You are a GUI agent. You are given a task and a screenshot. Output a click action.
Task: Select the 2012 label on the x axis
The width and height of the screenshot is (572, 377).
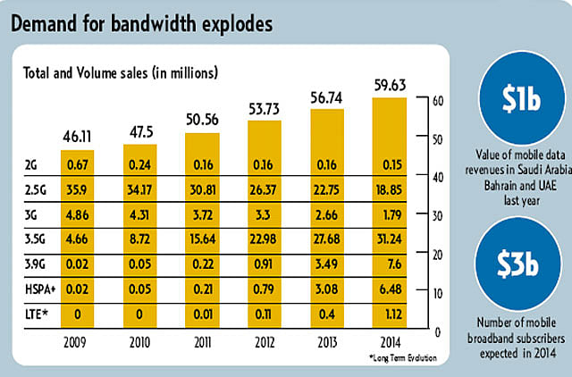click(265, 341)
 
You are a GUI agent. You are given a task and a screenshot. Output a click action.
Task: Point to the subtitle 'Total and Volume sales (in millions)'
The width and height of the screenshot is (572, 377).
click(120, 70)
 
